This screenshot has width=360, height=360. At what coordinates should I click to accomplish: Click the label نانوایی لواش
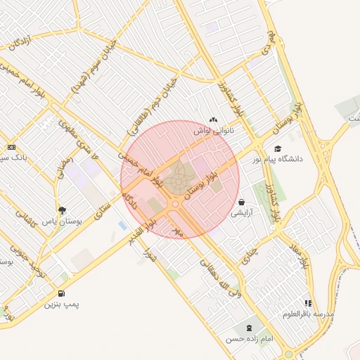(213, 131)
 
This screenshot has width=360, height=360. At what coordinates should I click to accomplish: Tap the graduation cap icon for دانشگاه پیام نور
(278, 149)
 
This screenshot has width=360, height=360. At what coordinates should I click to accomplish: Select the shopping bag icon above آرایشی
(242, 202)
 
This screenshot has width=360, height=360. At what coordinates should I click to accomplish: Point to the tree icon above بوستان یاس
(63, 210)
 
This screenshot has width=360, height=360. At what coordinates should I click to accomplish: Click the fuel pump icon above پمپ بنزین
(62, 294)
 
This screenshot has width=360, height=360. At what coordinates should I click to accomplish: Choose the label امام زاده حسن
(247, 339)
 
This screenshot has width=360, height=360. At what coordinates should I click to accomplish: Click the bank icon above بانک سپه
(12, 147)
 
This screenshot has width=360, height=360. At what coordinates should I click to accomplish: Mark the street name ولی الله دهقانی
(219, 277)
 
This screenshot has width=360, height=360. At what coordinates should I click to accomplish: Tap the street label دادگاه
(127, 201)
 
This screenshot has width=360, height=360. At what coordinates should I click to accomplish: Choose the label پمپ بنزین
(61, 304)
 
